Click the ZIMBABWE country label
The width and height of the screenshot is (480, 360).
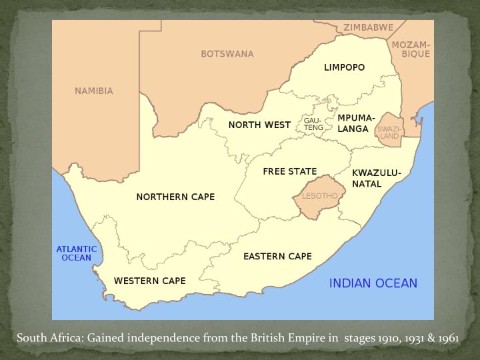click(x=368, y=27)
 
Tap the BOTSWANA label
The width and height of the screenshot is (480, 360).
click(x=227, y=53)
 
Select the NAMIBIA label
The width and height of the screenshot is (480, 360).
click(x=94, y=91)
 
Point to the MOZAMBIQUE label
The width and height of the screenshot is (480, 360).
click(x=411, y=49)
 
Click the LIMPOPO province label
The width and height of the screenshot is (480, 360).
click(x=344, y=67)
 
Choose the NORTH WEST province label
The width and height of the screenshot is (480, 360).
click(x=259, y=125)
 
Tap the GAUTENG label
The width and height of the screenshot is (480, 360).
click(x=313, y=124)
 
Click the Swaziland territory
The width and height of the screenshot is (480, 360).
click(x=389, y=132)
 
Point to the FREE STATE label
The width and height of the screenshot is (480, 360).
click(x=289, y=171)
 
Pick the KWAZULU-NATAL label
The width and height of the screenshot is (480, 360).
click(x=376, y=178)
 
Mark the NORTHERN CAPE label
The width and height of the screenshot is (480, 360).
click(x=175, y=197)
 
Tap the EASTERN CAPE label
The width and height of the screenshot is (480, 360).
click(x=277, y=256)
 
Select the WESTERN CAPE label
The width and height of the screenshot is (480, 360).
click(x=149, y=281)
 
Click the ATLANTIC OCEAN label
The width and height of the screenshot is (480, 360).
click(x=76, y=253)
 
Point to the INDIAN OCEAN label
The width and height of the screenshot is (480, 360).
click(x=373, y=283)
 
